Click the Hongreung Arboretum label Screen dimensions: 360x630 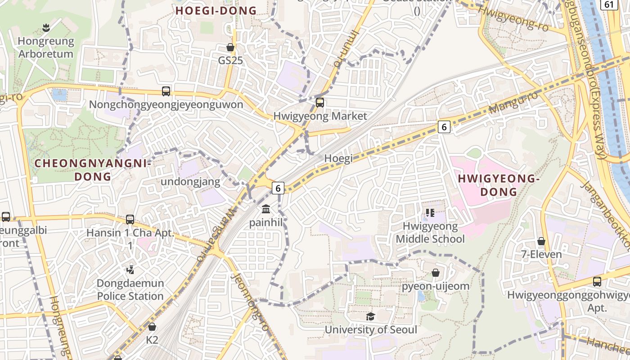tap(45, 47)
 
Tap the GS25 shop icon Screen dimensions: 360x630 tap(230, 47)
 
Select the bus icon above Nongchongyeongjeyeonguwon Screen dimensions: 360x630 tap(166, 91)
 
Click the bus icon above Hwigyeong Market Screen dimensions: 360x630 tap(320, 103)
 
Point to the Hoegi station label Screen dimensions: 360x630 tap(338, 158)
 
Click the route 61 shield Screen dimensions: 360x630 tap(609, 4)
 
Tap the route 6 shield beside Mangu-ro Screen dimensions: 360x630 tap(444, 127)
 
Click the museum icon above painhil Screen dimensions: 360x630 tap(266, 209)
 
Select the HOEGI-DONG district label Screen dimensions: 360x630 tap(216, 11)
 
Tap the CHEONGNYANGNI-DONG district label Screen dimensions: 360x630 tap(93, 170)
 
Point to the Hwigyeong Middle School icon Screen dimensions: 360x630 tap(430, 213)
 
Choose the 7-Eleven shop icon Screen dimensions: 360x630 tap(541, 242)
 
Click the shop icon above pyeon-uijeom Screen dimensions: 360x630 tap(436, 273)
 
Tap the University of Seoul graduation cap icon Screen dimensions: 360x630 tap(370, 316)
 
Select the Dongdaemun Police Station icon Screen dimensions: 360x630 tap(130, 270)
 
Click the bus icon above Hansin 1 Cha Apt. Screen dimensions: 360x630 tap(130, 220)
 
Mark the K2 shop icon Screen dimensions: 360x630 tap(152, 327)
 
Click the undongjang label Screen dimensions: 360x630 tap(191, 182)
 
